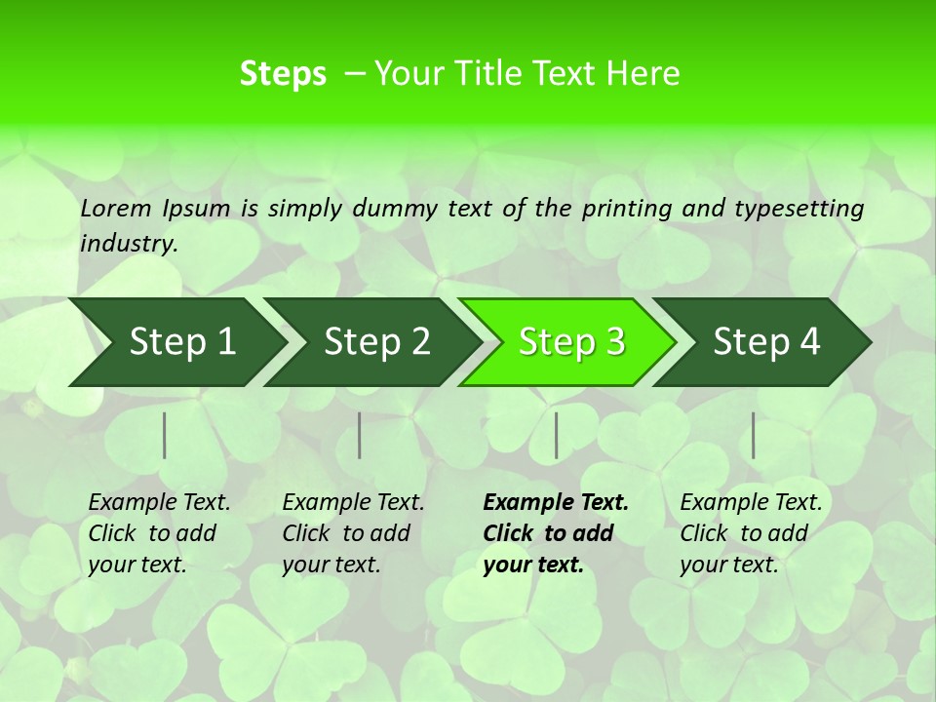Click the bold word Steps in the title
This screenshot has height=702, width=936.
coord(283,74)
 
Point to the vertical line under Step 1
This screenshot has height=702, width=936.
coord(165,435)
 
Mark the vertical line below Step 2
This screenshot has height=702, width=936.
coord(360,435)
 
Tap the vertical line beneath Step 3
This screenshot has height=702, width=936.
coord(556,435)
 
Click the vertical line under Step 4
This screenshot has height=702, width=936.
coord(753,435)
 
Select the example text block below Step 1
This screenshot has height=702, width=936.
coord(159,533)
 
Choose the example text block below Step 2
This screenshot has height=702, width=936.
coord(353,533)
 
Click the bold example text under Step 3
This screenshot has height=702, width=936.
coord(555,533)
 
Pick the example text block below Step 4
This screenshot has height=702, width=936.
coord(751,533)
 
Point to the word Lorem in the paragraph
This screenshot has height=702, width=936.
coord(116,208)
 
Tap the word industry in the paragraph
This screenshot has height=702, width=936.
coord(128,244)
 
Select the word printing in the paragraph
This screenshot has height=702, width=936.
coord(626,209)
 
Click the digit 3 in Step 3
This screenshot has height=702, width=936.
coord(614,342)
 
